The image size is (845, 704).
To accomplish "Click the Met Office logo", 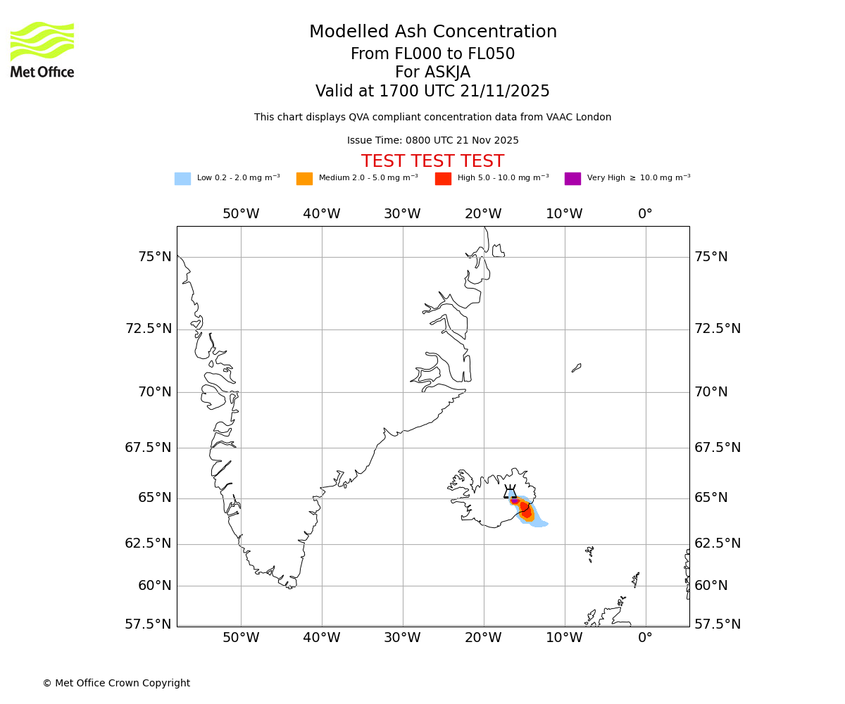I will click(42, 49).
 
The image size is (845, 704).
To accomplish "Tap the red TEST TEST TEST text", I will click(432, 161).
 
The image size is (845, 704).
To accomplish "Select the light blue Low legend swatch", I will click(182, 179).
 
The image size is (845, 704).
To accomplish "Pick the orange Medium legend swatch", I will click(304, 179).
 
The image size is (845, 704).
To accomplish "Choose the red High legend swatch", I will click(443, 179).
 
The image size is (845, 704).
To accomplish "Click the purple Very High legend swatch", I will click(572, 179).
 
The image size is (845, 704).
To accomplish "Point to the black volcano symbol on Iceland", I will click(510, 492).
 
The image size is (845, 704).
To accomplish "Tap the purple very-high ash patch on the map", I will click(515, 501).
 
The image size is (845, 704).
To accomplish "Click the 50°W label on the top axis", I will click(241, 214).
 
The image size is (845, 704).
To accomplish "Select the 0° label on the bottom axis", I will click(645, 638).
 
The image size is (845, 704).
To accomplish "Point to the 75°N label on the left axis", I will click(154, 257).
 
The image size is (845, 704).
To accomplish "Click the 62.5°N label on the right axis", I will click(718, 543).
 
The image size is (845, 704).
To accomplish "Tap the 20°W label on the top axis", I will click(483, 214).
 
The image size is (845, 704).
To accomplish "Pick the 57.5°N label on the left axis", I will click(148, 624).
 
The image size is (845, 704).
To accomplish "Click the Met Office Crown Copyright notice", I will click(116, 683).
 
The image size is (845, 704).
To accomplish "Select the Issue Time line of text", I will click(432, 140).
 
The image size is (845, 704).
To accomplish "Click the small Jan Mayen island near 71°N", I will click(576, 367).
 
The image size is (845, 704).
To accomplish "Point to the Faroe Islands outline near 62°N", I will click(589, 554).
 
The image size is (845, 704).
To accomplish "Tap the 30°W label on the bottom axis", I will click(402, 638).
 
